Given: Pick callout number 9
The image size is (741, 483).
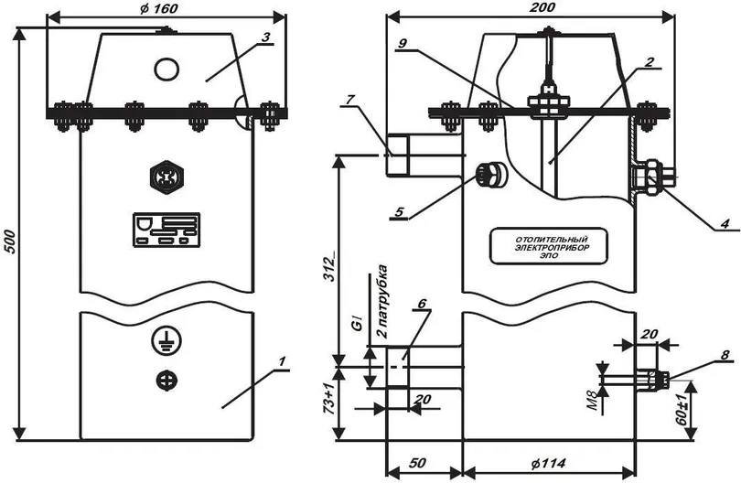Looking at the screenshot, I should (x=402, y=43).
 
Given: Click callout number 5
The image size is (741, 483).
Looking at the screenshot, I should (x=398, y=213).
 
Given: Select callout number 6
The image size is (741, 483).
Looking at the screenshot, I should (x=421, y=303).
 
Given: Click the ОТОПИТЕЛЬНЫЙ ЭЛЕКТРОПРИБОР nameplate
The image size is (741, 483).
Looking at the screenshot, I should (x=549, y=246).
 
